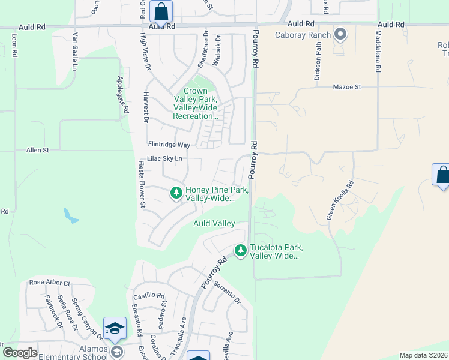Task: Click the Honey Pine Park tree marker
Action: [176, 193]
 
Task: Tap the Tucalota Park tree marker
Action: [241, 250]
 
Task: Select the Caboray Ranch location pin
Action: [340, 34]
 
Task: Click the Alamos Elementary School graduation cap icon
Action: [115, 329]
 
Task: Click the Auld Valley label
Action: [214, 223]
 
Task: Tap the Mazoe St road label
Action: [346, 87]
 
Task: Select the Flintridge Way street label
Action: [169, 145]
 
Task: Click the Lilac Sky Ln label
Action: [164, 158]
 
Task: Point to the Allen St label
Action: [37, 149]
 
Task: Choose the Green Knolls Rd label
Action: [340, 201]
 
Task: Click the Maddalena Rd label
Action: [379, 52]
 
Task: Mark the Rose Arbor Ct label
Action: [50, 283]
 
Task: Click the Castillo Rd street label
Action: [149, 296]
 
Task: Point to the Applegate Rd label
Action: [123, 95]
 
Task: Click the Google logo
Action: [20, 353]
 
